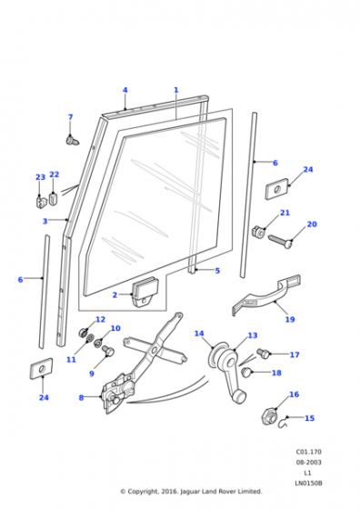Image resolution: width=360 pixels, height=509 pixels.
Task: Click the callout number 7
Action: click(x=70, y=117)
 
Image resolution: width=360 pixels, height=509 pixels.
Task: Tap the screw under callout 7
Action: click(x=73, y=141)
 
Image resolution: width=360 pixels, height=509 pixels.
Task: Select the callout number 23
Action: click(x=40, y=177)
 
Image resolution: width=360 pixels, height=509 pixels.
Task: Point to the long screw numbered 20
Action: click(x=281, y=242)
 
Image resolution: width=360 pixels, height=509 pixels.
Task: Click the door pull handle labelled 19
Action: click(x=266, y=295)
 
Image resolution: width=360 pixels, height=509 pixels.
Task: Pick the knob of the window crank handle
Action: click(x=239, y=396)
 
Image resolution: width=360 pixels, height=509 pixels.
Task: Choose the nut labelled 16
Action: click(x=269, y=415)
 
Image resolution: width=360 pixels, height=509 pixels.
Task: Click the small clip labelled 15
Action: click(x=283, y=423)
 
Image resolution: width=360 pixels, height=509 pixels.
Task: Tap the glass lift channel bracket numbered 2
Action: click(x=144, y=291)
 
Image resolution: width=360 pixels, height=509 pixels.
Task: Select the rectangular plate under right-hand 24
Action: click(x=277, y=189)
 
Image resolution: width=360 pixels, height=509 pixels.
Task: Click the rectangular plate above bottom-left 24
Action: click(x=42, y=368)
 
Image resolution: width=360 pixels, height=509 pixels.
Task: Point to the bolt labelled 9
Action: click(x=108, y=350)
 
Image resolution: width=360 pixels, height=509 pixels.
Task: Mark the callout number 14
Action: click(x=199, y=334)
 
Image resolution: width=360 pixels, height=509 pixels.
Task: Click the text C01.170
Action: click(x=308, y=452)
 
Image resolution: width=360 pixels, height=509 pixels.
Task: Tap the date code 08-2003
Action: click(x=308, y=462)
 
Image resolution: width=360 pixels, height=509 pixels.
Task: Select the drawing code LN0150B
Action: click(x=308, y=483)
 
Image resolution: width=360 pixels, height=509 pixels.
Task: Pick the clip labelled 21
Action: click(x=258, y=231)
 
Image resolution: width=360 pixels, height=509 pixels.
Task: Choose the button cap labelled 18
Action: click(x=246, y=372)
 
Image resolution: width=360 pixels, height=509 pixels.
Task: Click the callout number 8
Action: click(x=81, y=397)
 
